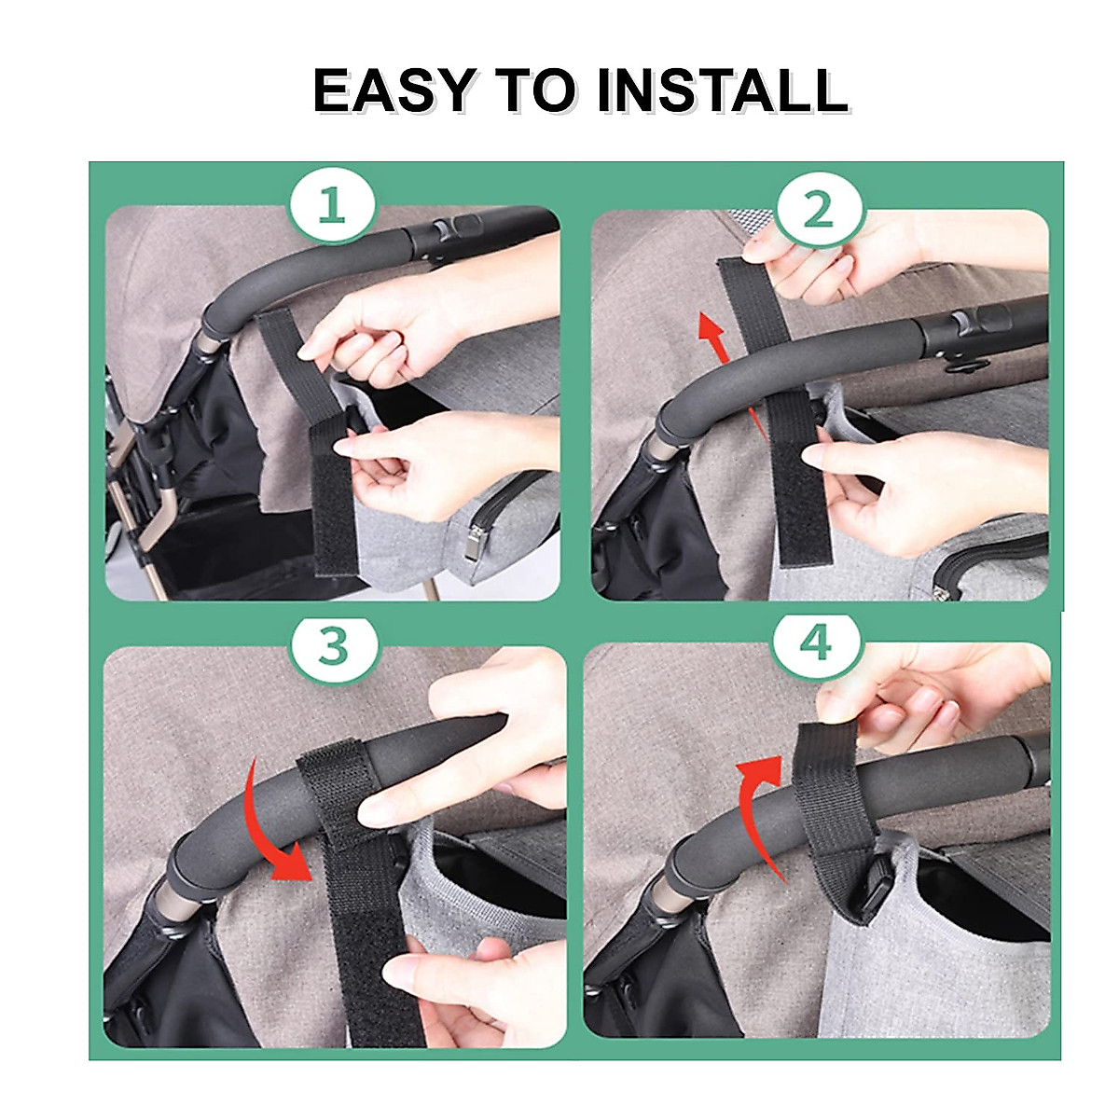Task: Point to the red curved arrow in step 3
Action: pos(284,821)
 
